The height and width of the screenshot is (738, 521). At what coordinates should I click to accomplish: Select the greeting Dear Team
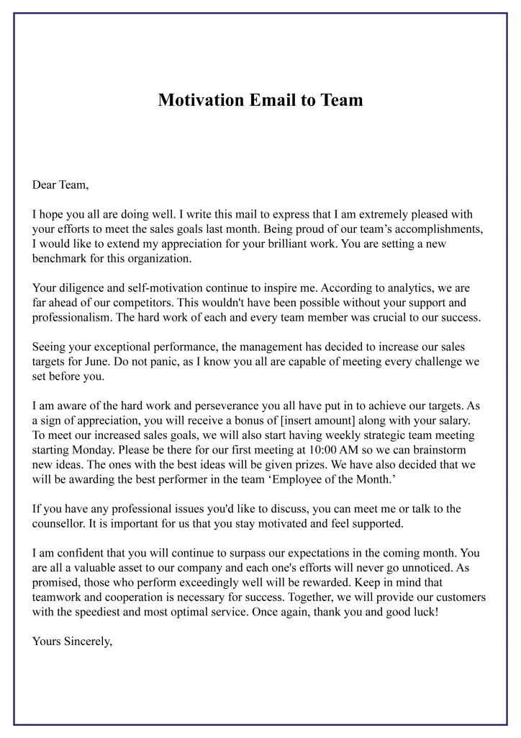coord(60,185)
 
